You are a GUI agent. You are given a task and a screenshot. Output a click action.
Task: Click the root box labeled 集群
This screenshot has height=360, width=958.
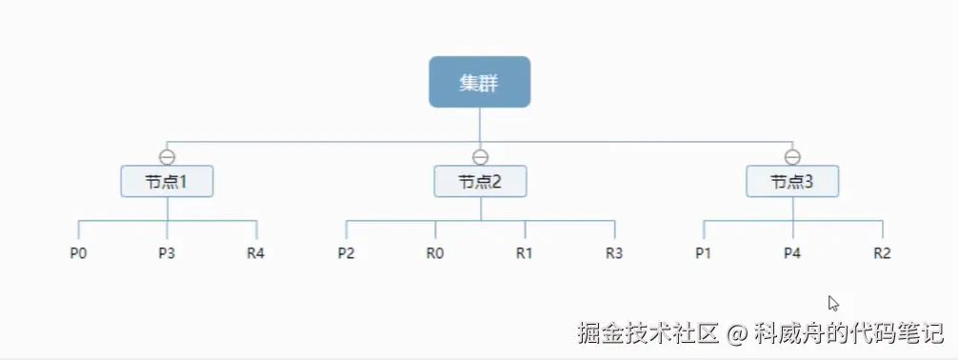(x=479, y=82)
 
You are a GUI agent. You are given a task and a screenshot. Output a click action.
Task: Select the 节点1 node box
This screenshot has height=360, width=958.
(x=167, y=181)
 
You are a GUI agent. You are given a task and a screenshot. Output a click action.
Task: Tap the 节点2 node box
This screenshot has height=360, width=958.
(x=480, y=181)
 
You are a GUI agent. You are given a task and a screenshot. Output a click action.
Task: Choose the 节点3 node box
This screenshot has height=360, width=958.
(x=792, y=181)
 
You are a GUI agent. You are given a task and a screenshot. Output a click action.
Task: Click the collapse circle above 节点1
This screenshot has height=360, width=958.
(x=167, y=157)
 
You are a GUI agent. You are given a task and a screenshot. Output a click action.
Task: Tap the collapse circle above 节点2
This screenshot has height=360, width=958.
(x=480, y=157)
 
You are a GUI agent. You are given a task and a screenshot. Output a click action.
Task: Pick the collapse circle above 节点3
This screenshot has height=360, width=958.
(x=792, y=157)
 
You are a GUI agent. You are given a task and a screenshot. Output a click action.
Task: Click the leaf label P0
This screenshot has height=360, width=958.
(x=78, y=253)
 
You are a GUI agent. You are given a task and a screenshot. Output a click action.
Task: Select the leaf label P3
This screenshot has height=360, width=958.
(x=167, y=253)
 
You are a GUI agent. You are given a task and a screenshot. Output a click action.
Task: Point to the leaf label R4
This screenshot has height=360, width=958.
(x=256, y=253)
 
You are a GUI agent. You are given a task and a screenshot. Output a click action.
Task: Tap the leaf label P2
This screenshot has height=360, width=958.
(x=346, y=253)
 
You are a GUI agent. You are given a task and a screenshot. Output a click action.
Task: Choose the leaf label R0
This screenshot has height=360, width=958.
(x=435, y=253)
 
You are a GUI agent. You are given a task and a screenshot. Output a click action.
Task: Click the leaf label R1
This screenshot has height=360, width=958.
(x=525, y=253)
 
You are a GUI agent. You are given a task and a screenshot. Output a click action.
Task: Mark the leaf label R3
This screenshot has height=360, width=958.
(x=614, y=253)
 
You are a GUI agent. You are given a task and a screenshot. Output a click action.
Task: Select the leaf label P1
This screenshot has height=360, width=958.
(x=704, y=253)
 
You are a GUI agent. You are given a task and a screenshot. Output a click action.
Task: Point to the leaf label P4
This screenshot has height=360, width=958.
(x=792, y=253)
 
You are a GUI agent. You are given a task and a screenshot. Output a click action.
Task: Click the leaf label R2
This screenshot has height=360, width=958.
(x=882, y=253)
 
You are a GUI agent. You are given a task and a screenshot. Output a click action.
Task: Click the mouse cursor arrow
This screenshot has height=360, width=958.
(x=832, y=303)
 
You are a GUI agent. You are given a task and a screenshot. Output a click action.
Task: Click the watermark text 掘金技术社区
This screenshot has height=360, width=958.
(x=648, y=333)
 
